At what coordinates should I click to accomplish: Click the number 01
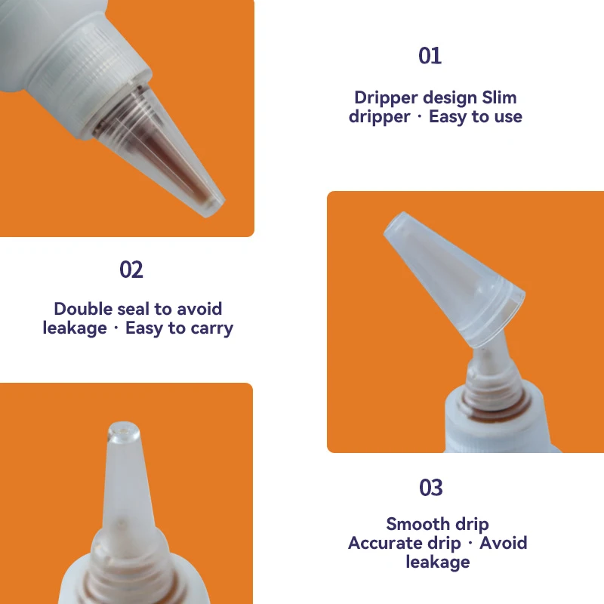pos(430,56)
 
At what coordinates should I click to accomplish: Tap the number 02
pos(131,270)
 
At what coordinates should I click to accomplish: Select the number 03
pos(430,488)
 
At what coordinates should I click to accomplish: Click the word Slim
pos(500,97)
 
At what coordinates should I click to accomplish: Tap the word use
pos(507,116)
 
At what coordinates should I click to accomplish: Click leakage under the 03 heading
pos(437,562)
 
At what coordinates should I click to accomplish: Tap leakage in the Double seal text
pos(75,328)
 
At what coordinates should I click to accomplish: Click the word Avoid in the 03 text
pos(504,543)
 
